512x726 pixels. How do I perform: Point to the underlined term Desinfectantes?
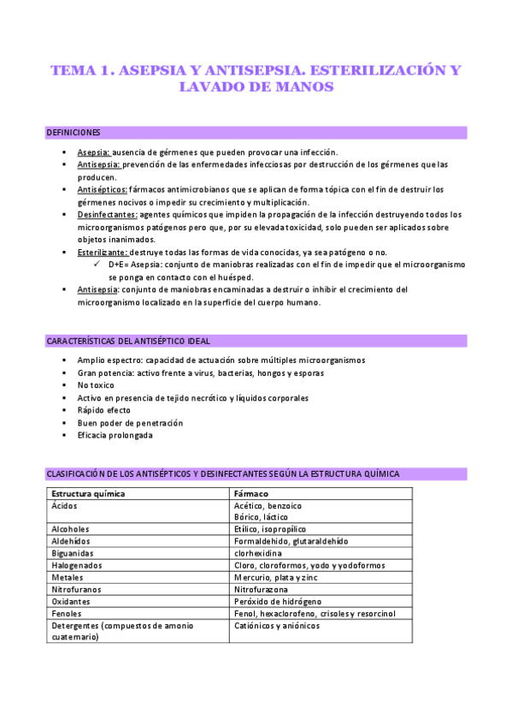[107, 214]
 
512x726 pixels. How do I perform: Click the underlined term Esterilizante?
[103, 253]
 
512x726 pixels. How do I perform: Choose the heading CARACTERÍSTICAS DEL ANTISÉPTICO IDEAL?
[128, 342]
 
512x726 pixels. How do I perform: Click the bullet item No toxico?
[96, 385]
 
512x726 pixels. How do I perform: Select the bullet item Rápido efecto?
[104, 410]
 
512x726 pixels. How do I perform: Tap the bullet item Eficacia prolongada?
[115, 435]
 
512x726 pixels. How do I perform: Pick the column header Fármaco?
[251, 494]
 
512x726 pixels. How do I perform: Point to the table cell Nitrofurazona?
[262, 589]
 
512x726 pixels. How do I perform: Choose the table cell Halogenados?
[77, 565]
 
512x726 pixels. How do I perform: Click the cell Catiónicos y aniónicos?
[276, 626]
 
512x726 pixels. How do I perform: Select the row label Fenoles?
[68, 613]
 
